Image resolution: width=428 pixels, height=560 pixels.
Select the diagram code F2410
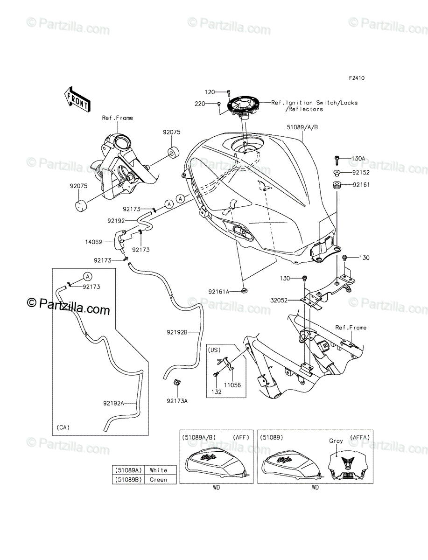click(x=356, y=78)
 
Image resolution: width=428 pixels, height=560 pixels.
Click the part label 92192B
click(x=177, y=333)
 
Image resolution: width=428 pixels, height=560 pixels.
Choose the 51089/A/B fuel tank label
click(x=303, y=126)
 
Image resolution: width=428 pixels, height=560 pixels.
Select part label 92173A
click(x=177, y=400)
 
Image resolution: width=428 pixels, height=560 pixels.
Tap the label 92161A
click(x=219, y=292)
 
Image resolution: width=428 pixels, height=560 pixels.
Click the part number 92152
click(x=361, y=172)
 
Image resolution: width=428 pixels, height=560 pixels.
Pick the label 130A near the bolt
click(x=358, y=159)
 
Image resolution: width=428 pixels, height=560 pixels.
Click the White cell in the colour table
click(x=159, y=470)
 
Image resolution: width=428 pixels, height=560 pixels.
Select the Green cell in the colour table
click(x=159, y=479)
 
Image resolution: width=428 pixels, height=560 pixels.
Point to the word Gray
click(x=336, y=441)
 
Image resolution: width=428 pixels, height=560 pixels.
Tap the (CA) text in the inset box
click(x=63, y=427)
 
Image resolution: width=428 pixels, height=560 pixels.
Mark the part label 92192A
click(x=113, y=403)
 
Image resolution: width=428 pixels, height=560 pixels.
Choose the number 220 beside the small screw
click(x=200, y=104)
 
